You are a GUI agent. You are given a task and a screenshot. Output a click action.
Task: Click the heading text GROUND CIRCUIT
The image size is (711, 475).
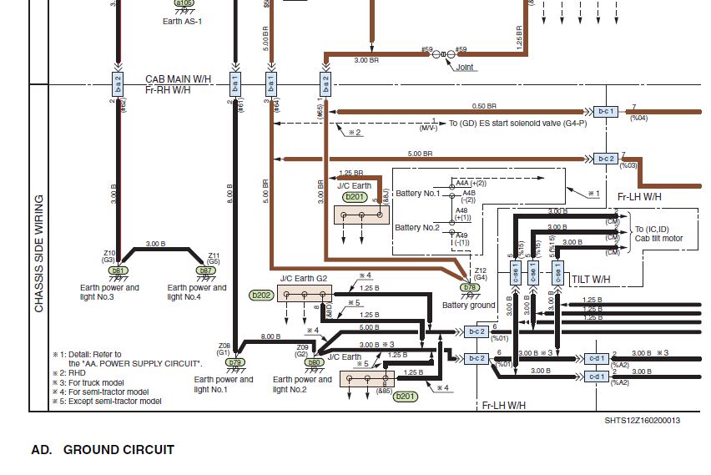pyautogui.click(x=118, y=450)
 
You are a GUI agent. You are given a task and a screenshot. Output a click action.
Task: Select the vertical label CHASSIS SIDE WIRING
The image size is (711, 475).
pyautogui.click(x=39, y=254)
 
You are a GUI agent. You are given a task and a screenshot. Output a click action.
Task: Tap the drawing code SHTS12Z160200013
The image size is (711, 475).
pyautogui.click(x=642, y=421)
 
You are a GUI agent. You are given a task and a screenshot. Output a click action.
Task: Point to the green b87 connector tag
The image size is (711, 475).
pyautogui.click(x=204, y=270)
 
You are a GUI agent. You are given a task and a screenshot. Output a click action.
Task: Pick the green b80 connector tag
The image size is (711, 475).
pyautogui.click(x=314, y=362)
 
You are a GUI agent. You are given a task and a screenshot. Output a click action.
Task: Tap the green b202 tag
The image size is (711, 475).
pyautogui.click(x=261, y=295)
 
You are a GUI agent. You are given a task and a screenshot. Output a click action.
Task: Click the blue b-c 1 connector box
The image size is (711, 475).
pyautogui.click(x=605, y=111)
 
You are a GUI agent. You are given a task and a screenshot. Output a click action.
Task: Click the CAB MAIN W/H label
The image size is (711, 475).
pyautogui.click(x=178, y=78)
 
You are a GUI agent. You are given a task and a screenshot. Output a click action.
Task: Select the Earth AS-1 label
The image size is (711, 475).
pyautogui.click(x=182, y=21)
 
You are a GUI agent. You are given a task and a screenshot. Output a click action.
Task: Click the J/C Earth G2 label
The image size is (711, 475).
pyautogui.click(x=304, y=278)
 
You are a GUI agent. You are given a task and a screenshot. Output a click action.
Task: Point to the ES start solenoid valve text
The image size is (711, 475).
pyautogui.click(x=517, y=124)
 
